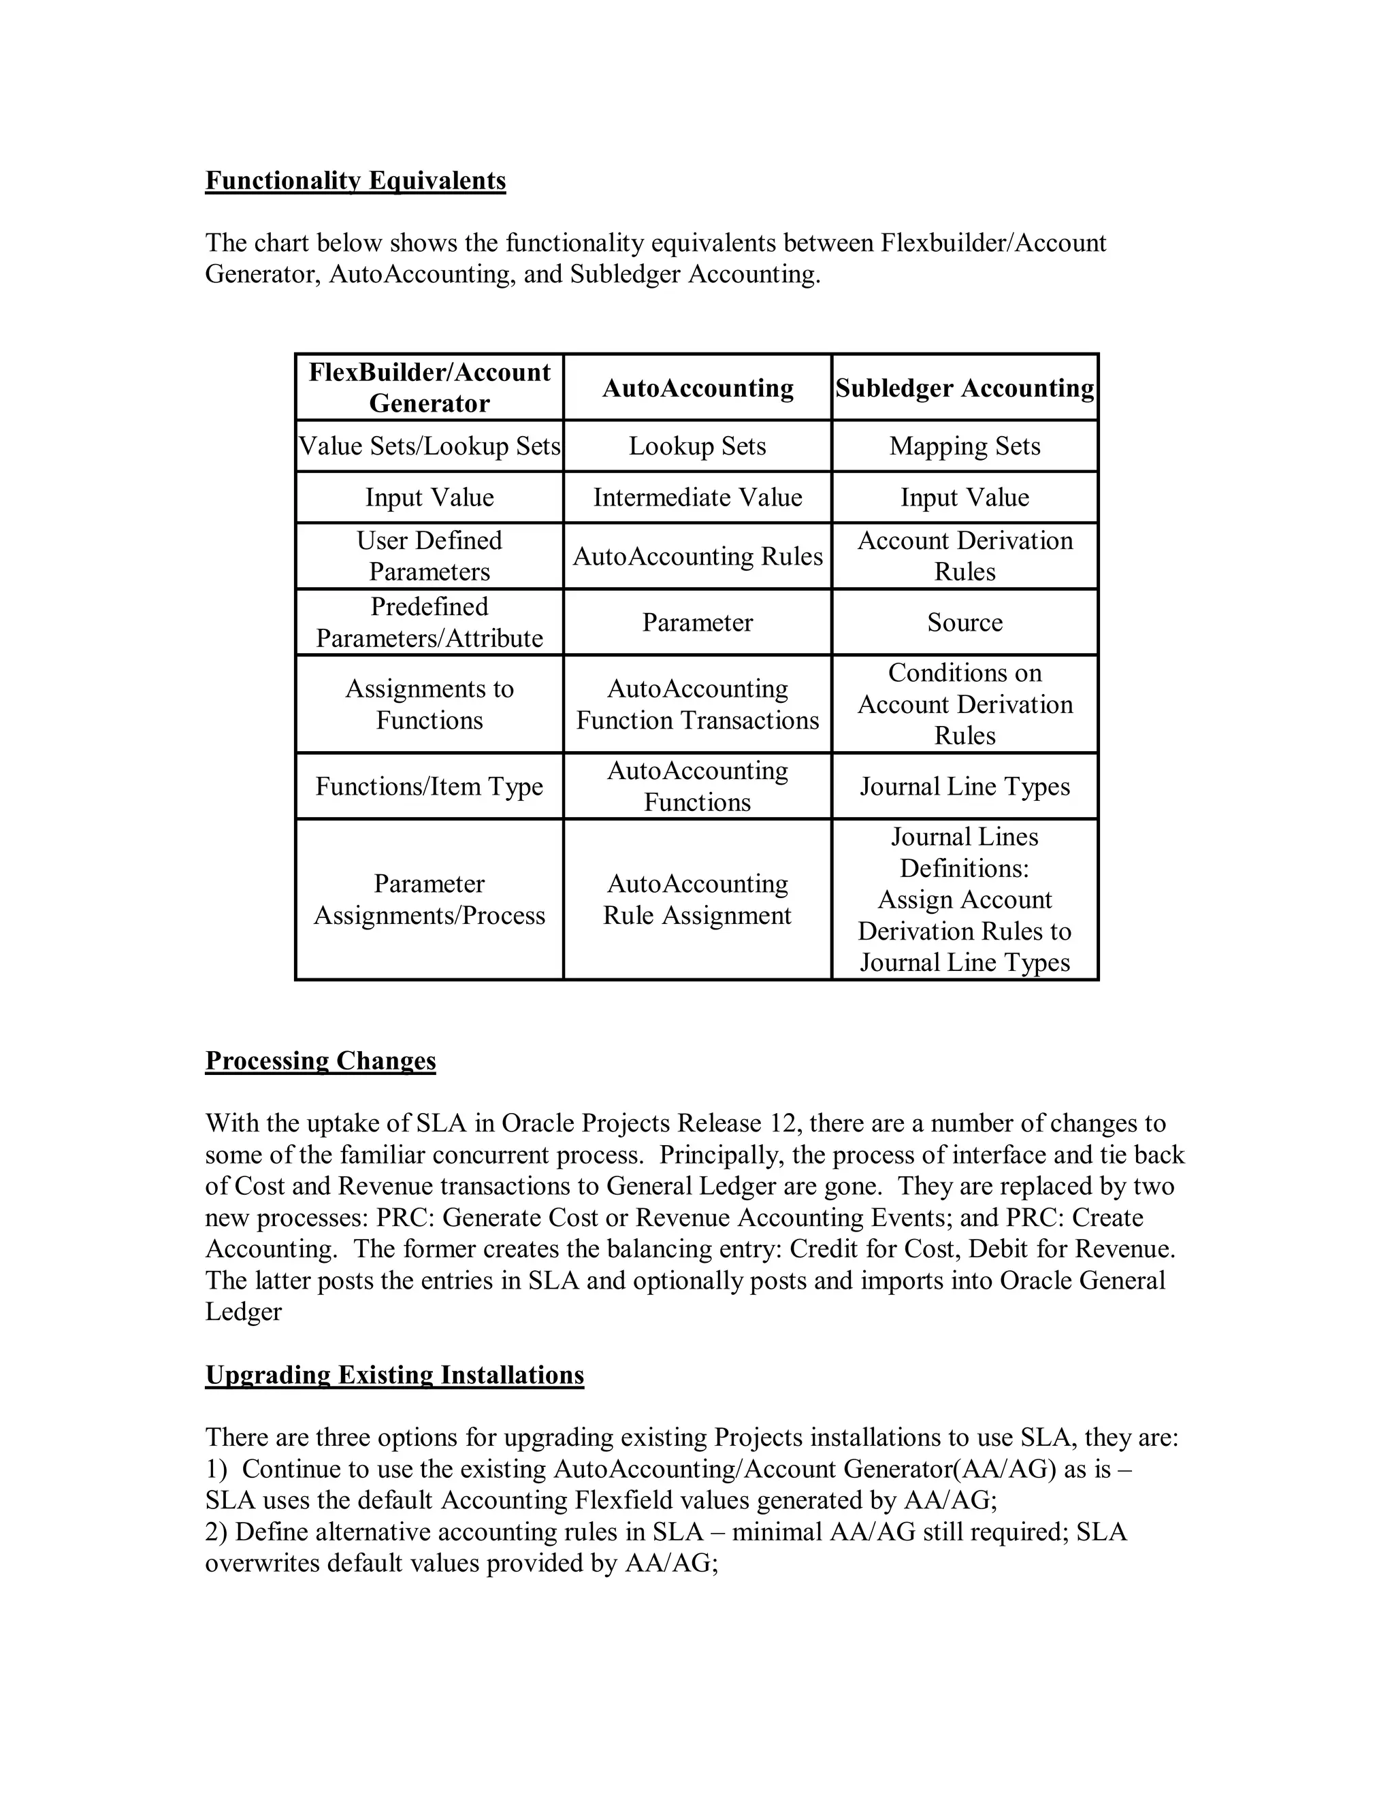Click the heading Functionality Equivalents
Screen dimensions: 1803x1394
click(355, 180)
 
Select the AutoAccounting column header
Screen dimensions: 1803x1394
click(697, 388)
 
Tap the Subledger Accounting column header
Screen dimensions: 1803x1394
click(965, 388)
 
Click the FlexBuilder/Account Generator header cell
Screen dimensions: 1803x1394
click(429, 388)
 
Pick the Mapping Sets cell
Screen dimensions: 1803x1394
click(965, 446)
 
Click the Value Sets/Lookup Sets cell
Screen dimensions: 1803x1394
click(429, 446)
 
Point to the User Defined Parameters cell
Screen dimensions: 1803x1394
click(429, 556)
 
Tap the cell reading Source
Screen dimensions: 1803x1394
click(965, 622)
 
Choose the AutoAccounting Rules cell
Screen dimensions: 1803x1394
click(697, 556)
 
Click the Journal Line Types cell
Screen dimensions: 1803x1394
click(965, 786)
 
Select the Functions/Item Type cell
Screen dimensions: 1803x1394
click(429, 786)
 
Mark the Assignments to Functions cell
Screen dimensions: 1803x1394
click(429, 704)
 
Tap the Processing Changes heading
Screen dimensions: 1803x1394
click(321, 1060)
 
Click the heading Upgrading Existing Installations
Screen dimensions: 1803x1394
click(394, 1374)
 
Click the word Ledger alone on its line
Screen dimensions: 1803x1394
click(244, 1312)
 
